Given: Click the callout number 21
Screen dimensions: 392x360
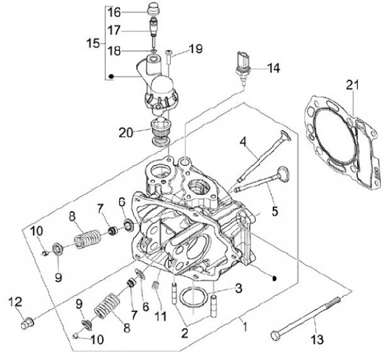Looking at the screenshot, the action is [352, 86].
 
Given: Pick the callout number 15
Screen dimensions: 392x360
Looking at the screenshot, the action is [93, 44].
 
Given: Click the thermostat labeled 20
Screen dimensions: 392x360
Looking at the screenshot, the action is [160, 131].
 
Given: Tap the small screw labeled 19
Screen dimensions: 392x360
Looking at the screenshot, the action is [168, 57].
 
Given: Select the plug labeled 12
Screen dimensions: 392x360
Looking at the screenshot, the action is [27, 324].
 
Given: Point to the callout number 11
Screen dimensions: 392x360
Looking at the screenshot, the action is [160, 316].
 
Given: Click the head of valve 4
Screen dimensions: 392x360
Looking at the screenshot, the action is [286, 135].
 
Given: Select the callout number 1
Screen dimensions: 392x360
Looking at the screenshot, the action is [245, 327].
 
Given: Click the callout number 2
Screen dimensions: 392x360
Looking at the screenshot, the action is [185, 333].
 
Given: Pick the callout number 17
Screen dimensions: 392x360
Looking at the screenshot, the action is [114, 30].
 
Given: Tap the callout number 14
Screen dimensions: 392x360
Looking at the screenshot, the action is [273, 68].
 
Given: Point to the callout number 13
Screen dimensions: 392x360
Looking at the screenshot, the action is [317, 339].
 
